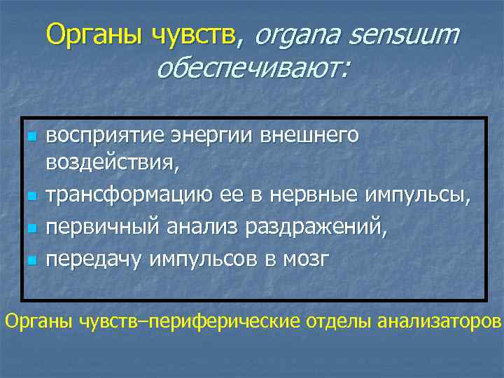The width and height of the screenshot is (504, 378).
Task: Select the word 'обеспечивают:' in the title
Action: [253, 68]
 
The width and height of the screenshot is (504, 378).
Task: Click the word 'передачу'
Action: [92, 259]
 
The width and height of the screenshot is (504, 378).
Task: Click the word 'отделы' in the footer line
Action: [338, 321]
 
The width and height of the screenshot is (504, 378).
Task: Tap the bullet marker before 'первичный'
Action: [29, 228]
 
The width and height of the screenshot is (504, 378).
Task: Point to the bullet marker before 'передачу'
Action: [29, 260]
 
